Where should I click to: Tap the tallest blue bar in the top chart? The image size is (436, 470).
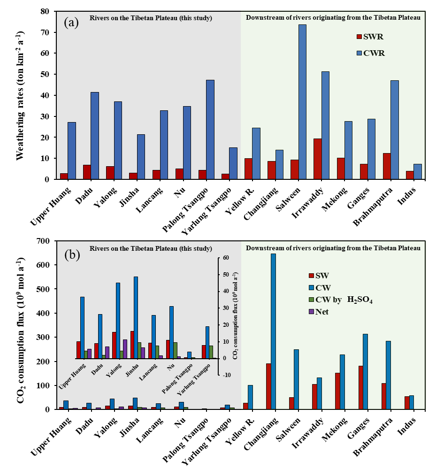point(302,101)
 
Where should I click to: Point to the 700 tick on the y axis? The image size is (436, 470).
point(43,241)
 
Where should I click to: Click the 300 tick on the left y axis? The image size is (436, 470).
point(43,338)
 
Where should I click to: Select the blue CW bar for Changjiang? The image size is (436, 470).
point(273,331)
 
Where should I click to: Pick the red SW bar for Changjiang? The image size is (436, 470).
point(268,386)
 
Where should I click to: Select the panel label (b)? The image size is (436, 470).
point(73,255)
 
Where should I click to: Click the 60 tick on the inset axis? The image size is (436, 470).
point(226,258)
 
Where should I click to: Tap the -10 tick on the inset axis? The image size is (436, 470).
point(226,375)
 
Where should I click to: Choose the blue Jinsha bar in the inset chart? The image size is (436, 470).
point(136,317)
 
